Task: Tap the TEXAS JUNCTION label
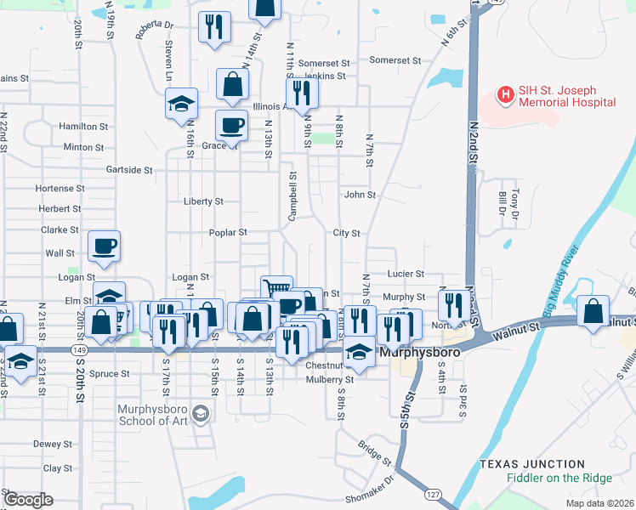point(531,464)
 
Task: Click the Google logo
point(28,500)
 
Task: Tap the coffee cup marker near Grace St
point(231,127)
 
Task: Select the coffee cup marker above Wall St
point(105,246)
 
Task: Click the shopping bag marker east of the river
point(593,312)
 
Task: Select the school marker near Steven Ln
point(182,105)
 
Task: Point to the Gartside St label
point(129,170)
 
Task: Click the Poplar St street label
point(228,232)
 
